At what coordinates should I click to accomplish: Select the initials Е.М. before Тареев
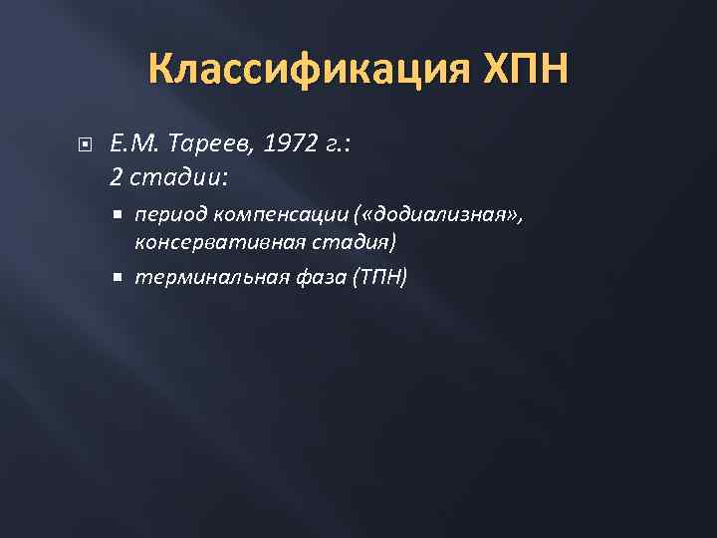pos(130,145)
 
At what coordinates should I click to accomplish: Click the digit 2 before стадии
pos(116,177)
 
